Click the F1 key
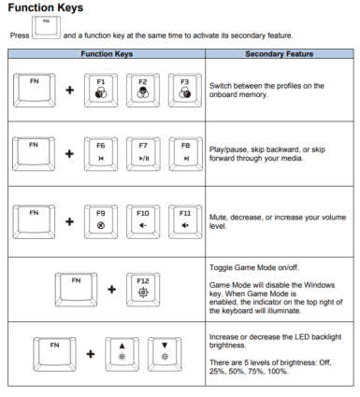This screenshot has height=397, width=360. (x=101, y=91)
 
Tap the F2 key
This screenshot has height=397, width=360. (x=143, y=91)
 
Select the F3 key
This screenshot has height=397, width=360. (x=185, y=91)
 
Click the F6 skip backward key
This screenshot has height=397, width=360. (x=101, y=154)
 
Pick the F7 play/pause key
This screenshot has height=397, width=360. (x=143, y=154)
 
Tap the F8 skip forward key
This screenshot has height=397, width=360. (x=186, y=154)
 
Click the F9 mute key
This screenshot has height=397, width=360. (x=101, y=221)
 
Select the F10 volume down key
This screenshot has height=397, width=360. (x=143, y=221)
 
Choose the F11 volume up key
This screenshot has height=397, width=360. (x=185, y=221)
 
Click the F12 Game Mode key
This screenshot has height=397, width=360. (x=143, y=290)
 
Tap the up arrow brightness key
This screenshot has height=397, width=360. (x=122, y=354)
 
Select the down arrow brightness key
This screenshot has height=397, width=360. (x=165, y=354)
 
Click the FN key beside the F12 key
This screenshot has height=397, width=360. (x=76, y=290)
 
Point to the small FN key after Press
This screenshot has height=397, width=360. (x=46, y=28)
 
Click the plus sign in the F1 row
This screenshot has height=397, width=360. (x=70, y=91)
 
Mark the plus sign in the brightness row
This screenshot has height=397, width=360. (x=91, y=354)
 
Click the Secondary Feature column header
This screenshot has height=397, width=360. (x=280, y=54)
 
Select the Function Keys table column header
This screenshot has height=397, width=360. (x=107, y=54)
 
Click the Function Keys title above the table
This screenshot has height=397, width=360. (x=46, y=7)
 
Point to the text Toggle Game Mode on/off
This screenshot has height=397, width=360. (x=254, y=267)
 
